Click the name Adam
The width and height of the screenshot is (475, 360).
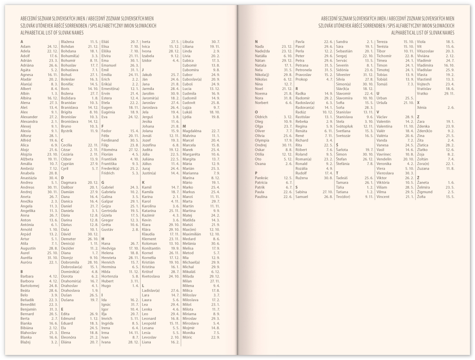click(x=26, y=47)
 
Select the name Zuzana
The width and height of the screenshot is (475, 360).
click(x=424, y=168)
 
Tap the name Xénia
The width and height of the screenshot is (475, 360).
click(x=422, y=107)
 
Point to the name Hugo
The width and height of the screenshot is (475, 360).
click(x=106, y=285)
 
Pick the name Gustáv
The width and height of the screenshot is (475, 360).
click(x=108, y=229)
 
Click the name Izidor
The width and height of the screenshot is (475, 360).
click(x=147, y=60)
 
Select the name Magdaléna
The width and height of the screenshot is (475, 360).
click(x=192, y=131)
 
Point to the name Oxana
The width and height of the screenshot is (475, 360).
click(x=261, y=163)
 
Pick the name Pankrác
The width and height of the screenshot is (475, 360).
click(x=263, y=178)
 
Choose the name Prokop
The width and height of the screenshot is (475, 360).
click(x=302, y=79)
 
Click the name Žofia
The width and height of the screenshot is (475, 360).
click(x=422, y=196)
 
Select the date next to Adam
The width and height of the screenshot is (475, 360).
click(x=52, y=47)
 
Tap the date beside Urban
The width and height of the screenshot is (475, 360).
click(x=409, y=98)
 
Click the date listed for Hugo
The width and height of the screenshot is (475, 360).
click(x=135, y=285)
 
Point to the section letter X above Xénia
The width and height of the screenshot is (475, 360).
click(x=418, y=103)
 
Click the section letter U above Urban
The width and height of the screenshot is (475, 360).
click(x=378, y=93)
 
